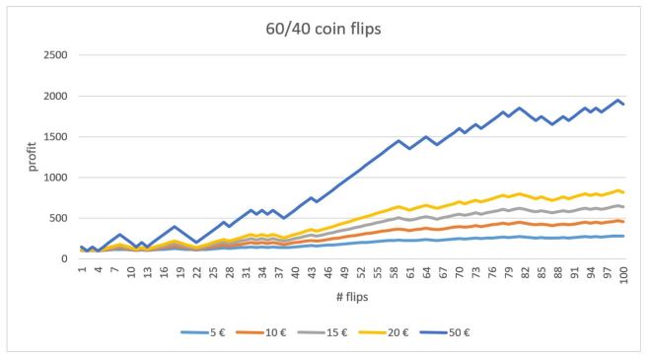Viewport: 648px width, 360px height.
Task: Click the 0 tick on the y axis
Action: [x=64, y=258]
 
